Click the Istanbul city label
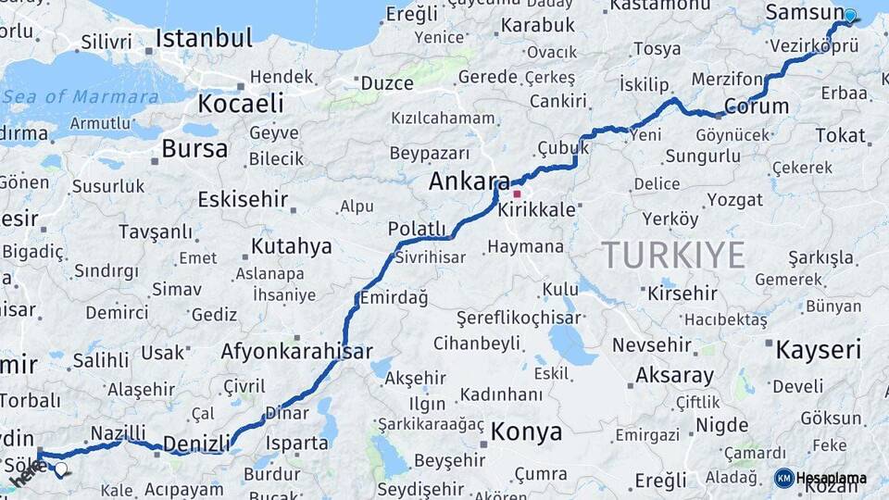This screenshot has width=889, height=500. [x=204, y=38]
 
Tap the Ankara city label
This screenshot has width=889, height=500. [x=469, y=181]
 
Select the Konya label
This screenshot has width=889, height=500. [x=526, y=431]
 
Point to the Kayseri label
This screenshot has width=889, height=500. [x=818, y=350]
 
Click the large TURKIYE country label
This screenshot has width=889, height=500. [x=673, y=255]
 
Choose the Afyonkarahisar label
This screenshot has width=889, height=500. [x=296, y=351]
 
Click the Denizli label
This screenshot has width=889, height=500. [x=195, y=443]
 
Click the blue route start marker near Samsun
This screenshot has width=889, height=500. [x=849, y=16]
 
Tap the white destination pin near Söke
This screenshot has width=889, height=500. [x=61, y=469]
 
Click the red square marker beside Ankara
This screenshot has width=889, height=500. [x=517, y=194]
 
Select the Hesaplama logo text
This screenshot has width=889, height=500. [x=832, y=478]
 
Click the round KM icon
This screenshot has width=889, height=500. [x=783, y=478]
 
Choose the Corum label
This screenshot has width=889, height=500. [x=757, y=106]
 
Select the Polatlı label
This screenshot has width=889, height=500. [x=417, y=229]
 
